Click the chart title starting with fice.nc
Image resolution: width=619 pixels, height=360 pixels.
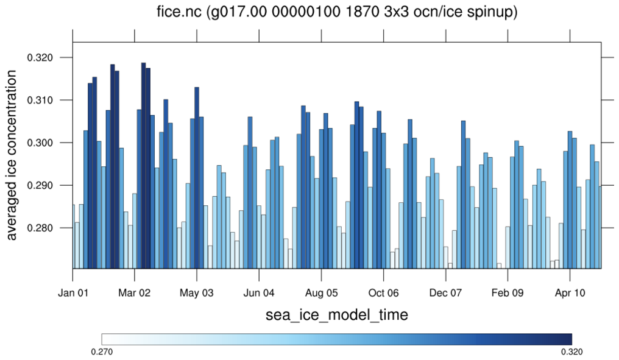tap(336, 12)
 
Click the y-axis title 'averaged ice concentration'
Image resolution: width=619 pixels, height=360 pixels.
tap(12, 163)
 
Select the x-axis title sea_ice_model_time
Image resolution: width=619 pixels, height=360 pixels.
tap(336, 315)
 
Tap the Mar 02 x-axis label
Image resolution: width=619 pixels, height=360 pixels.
tap(135, 293)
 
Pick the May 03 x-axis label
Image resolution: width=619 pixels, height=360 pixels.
tap(197, 293)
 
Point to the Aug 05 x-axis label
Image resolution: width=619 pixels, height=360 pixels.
tap(321, 293)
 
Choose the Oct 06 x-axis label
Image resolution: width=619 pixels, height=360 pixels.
tap(384, 293)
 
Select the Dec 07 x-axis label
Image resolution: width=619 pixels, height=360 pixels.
tap(446, 293)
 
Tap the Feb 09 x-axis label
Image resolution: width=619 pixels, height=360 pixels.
tap(508, 293)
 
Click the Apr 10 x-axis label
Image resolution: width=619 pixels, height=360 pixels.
tap(570, 293)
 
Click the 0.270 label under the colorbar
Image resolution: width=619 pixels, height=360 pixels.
tap(102, 351)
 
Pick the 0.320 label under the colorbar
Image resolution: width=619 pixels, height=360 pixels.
tap(571, 351)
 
